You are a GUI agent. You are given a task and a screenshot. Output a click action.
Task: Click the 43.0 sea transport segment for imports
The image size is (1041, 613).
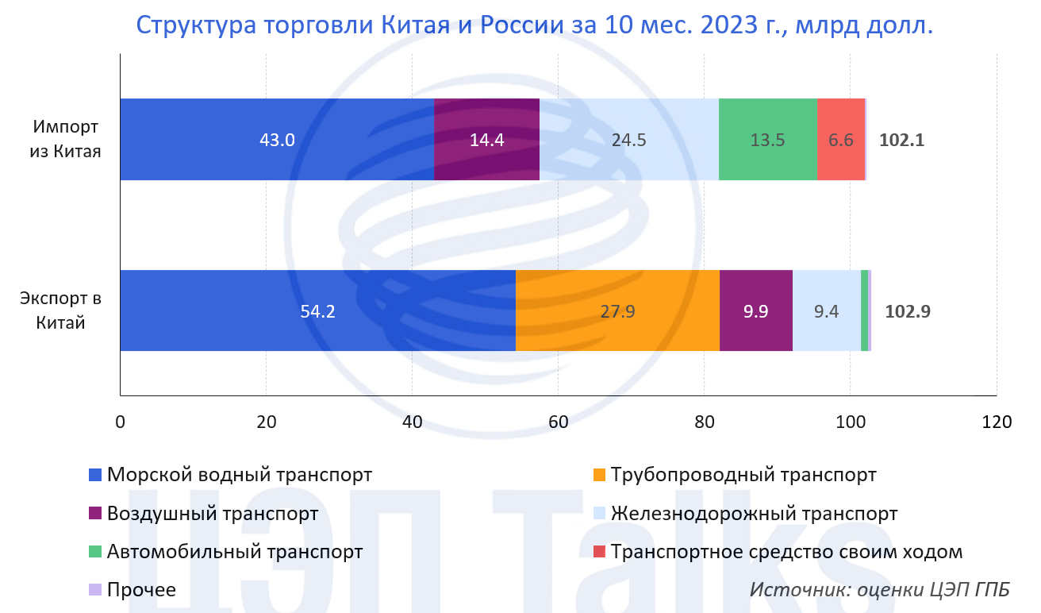[277, 140]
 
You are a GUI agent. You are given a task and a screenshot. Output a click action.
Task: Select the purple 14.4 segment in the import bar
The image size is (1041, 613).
[486, 140]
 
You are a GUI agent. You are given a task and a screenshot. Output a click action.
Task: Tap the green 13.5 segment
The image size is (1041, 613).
[767, 140]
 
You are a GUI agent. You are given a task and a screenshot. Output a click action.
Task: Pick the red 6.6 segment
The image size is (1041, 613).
[840, 140]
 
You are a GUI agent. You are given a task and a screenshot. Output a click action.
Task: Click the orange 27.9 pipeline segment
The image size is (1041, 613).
[617, 311]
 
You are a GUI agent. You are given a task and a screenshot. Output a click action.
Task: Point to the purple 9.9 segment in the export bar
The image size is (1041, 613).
[755, 311]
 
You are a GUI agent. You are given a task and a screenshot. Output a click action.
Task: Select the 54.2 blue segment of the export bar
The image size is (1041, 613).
[317, 311]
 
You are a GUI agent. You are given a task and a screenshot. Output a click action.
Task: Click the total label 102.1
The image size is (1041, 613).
[902, 141]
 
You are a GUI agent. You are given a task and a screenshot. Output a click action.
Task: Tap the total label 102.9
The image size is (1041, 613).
[908, 311]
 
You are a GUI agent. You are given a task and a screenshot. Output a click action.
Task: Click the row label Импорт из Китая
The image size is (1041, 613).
[67, 139]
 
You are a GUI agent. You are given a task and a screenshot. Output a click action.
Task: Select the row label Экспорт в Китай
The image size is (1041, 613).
[61, 310]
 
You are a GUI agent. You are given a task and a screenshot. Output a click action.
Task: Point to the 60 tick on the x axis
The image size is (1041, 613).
[558, 422]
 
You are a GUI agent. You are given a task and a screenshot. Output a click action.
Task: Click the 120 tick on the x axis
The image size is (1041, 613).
[996, 422]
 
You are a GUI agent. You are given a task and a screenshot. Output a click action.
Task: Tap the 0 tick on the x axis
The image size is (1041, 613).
[121, 422]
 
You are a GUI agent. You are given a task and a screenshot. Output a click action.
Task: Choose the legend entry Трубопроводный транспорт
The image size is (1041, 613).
[743, 476]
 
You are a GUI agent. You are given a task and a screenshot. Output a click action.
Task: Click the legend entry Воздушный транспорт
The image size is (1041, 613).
[212, 514]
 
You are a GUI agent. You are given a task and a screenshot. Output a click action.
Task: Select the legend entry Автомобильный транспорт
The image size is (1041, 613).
[234, 552]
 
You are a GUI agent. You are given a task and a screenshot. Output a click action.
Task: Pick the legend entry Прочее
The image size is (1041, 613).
[140, 590]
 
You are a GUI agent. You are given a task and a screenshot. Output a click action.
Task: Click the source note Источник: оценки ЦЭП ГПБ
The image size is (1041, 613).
[880, 590]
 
